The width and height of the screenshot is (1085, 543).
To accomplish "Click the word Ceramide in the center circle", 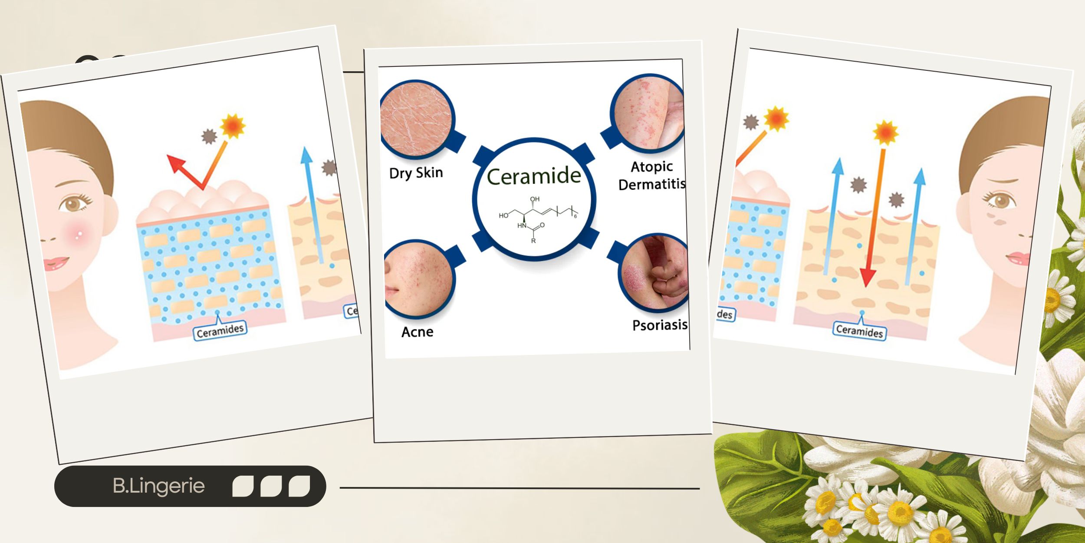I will pos(534,176).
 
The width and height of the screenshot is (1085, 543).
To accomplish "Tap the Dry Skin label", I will pos(416,173).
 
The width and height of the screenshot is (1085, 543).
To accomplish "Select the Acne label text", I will pos(417,332).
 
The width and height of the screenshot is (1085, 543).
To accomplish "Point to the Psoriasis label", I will pos(659,325).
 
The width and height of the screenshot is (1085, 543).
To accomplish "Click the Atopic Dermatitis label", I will pos(652,175).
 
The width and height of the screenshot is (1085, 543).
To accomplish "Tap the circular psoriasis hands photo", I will pos(654,273).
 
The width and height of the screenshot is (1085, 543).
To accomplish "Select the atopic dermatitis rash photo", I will pos(648,114).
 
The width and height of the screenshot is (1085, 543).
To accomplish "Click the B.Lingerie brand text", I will pos(158,486).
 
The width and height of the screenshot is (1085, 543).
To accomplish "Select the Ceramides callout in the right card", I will pos(859,331).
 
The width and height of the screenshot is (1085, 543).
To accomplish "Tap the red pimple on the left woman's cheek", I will pos(79,235).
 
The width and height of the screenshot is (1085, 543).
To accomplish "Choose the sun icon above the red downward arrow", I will pos(885,132).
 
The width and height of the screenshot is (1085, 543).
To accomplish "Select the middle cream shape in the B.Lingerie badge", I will pos(271,486).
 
